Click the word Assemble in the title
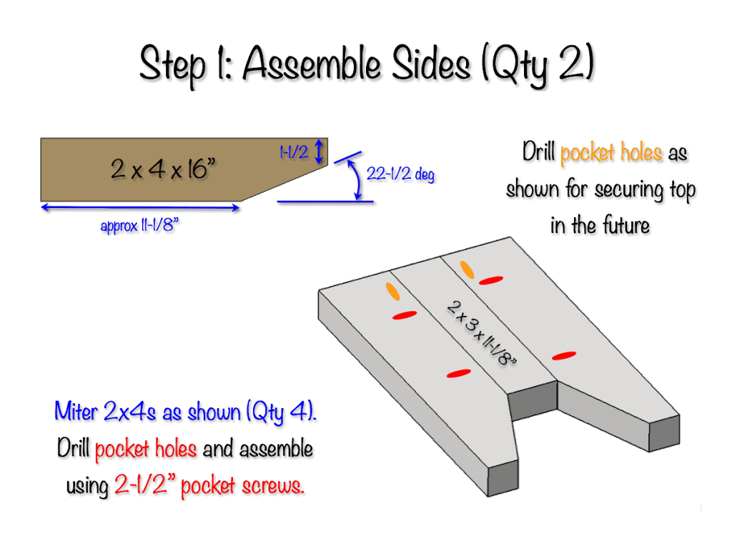(x=312, y=64)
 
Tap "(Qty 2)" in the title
(x=538, y=64)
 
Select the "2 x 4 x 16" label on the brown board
(x=164, y=169)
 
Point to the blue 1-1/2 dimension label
(x=294, y=152)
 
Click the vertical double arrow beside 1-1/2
(x=319, y=151)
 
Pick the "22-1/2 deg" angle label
(x=400, y=174)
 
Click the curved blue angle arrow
(x=356, y=178)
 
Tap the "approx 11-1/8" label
(x=139, y=225)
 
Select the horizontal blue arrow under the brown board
(x=141, y=208)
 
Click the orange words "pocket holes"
(x=610, y=153)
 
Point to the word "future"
(x=625, y=225)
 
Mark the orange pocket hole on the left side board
(x=392, y=292)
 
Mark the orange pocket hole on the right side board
(x=467, y=269)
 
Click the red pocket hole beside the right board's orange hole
(x=491, y=280)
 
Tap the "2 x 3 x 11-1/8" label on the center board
(x=482, y=333)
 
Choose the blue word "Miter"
(x=76, y=411)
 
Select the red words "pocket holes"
(x=146, y=449)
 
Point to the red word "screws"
(x=273, y=486)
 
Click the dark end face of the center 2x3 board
(x=532, y=400)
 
